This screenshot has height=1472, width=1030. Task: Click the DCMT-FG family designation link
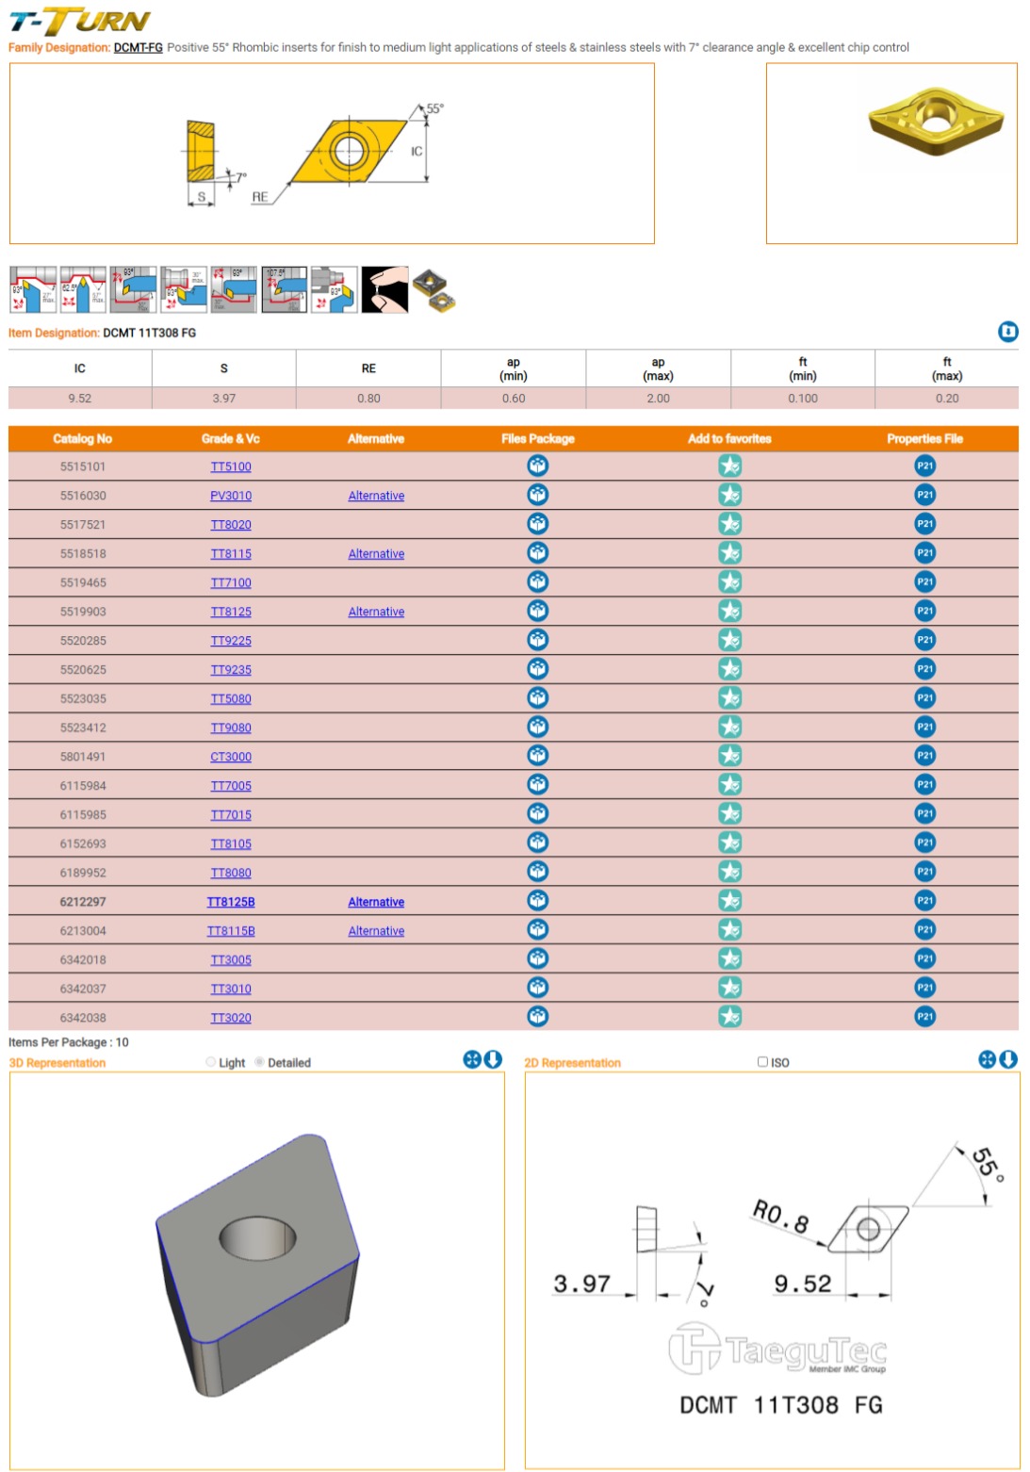click(138, 47)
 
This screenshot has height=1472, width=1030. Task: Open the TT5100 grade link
click(231, 466)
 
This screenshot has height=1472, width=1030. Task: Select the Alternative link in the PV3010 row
click(376, 496)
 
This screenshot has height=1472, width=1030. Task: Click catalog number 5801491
click(83, 757)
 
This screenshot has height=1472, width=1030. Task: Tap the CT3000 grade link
click(231, 757)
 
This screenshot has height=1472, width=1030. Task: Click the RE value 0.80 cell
click(368, 399)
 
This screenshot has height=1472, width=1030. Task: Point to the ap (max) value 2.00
click(658, 399)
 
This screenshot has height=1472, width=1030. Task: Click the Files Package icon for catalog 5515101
click(537, 466)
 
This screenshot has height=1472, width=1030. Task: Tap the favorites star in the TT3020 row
click(729, 1017)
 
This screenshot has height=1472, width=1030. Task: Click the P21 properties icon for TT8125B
click(924, 901)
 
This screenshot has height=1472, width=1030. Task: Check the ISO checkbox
click(763, 1062)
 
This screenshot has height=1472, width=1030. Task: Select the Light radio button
click(211, 1062)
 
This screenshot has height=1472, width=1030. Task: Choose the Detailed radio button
click(260, 1062)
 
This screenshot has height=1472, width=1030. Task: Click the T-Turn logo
click(79, 21)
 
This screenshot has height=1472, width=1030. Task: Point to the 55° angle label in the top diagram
click(434, 108)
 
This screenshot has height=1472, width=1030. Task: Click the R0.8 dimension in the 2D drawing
click(780, 1216)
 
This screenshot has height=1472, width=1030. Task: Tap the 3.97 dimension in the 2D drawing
click(581, 1284)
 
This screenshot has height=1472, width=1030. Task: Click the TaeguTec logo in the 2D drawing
click(778, 1349)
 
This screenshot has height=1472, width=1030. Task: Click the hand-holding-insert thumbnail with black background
click(384, 289)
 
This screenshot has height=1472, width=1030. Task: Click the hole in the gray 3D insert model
click(257, 1237)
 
